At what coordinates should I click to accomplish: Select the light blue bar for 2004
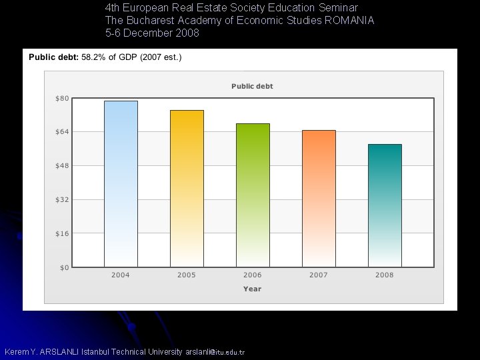121,183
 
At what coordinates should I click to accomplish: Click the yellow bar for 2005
187,188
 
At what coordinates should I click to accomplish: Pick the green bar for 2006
253,195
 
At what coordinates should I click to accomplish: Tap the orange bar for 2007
319,198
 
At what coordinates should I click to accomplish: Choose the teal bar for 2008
385,205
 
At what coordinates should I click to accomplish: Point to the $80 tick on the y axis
61,99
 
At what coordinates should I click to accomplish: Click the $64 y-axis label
61,132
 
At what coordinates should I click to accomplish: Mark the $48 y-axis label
61,166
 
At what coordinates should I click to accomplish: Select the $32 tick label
61,199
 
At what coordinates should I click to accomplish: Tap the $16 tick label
61,233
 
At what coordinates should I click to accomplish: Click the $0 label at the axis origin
63,267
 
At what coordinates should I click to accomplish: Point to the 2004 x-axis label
121,275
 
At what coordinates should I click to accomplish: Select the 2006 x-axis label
253,275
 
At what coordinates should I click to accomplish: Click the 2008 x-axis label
385,275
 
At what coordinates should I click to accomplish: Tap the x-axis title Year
252,289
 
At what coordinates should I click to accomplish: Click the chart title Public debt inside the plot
252,86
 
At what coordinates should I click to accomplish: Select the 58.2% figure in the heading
93,57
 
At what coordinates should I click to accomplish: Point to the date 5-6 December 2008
152,33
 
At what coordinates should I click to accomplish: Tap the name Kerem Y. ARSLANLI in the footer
41,351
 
